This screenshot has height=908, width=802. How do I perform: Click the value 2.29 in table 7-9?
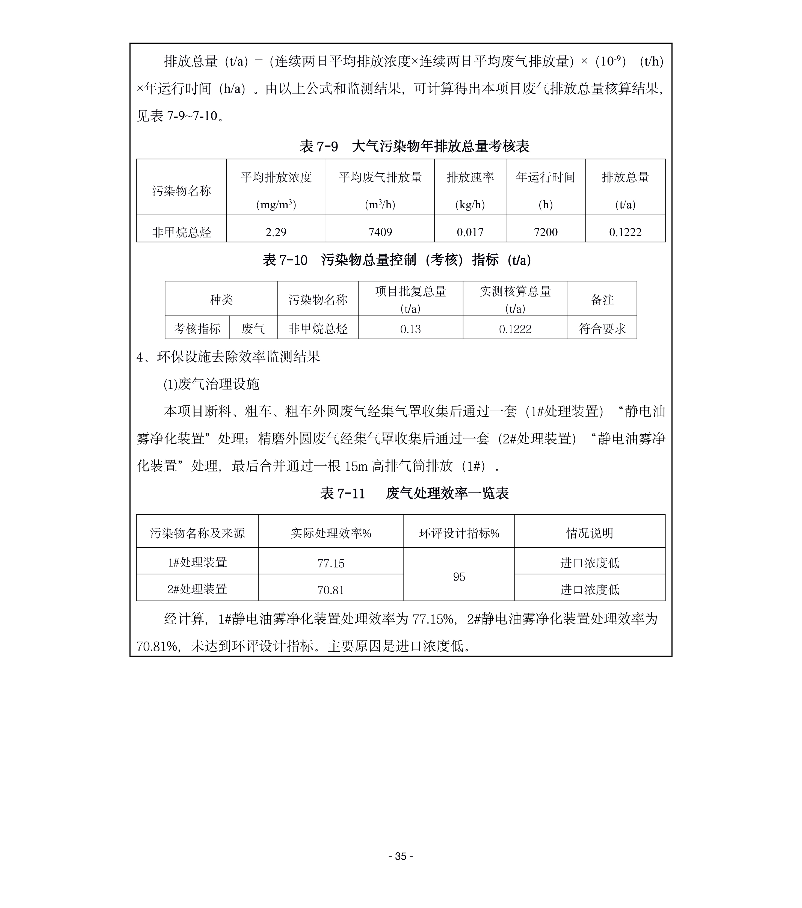pyautogui.click(x=276, y=232)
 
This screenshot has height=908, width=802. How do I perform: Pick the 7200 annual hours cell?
pyautogui.click(x=545, y=232)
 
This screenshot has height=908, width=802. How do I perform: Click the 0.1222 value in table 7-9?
pyautogui.click(x=625, y=232)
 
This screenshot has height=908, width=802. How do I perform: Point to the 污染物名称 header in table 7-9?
pyautogui.click(x=181, y=191)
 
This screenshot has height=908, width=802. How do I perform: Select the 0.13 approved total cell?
pyautogui.click(x=410, y=329)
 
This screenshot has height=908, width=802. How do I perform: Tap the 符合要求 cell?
pyautogui.click(x=602, y=329)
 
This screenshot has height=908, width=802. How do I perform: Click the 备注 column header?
pyautogui.click(x=602, y=300)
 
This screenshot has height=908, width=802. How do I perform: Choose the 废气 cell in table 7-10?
pyautogui.click(x=253, y=329)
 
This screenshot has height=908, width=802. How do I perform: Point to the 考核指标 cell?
pyautogui.click(x=197, y=329)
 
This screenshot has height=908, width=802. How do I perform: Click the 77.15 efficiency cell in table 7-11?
pyautogui.click(x=331, y=563)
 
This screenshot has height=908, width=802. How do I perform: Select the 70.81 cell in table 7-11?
pyautogui.click(x=331, y=590)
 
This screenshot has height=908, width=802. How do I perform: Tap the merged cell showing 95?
pyautogui.click(x=459, y=577)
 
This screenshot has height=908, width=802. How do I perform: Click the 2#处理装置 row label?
pyautogui.click(x=197, y=589)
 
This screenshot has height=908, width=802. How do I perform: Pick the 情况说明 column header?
pyautogui.click(x=590, y=533)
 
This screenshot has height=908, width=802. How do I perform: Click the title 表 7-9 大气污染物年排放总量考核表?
pyautogui.click(x=414, y=146)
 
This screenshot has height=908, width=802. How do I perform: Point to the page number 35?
pyautogui.click(x=401, y=856)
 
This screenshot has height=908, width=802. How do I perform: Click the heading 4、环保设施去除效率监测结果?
pyautogui.click(x=228, y=357)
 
